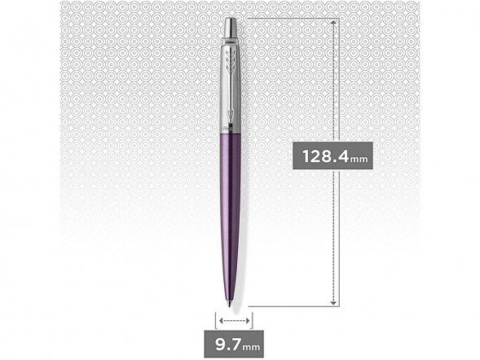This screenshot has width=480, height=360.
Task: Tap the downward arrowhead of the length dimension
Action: pos(335,303)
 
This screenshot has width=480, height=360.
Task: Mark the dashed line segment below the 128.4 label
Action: pos(335,236)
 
